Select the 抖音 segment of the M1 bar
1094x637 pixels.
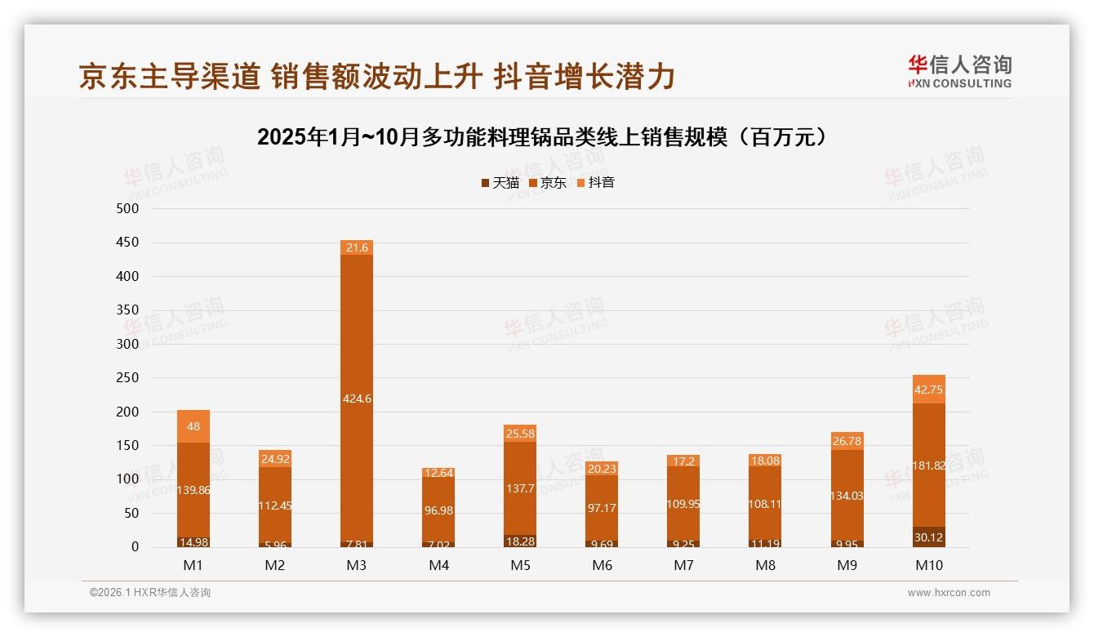tap(193, 426)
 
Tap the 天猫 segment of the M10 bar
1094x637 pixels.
tap(928, 537)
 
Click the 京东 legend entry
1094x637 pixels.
tap(548, 183)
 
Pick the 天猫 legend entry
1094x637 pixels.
tap(500, 183)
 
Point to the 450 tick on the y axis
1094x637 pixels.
tap(129, 243)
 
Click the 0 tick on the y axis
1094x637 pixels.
tap(135, 547)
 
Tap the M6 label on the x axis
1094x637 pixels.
tap(602, 565)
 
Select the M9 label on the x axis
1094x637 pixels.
tap(847, 565)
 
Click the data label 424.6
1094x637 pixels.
tap(357, 399)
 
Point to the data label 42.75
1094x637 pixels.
tap(928, 390)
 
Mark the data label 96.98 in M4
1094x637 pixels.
tap(438, 510)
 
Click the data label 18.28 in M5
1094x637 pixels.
tap(520, 541)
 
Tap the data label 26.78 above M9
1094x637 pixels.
tap(847, 442)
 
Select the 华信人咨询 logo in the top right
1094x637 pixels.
tap(959, 71)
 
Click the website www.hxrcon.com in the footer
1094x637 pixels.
tap(949, 593)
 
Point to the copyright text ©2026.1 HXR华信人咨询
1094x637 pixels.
tap(150, 593)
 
